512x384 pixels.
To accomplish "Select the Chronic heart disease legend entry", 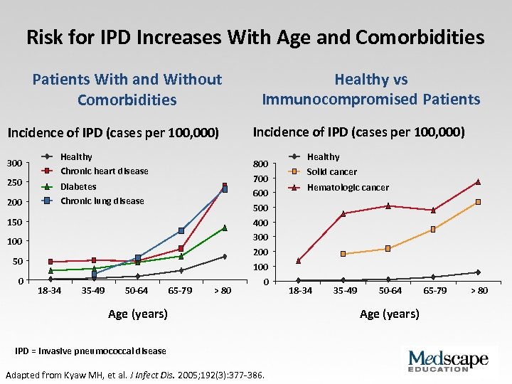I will (104, 171).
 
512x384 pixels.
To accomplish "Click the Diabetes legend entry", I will (78, 187).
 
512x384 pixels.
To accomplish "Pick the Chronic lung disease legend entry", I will (102, 201).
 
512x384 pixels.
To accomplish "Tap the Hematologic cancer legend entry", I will (347, 188).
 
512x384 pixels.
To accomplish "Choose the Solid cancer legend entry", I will (331, 172).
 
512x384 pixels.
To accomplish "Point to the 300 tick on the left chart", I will (14, 164).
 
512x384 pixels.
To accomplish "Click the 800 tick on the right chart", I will (261, 164).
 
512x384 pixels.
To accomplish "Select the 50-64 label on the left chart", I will (137, 290).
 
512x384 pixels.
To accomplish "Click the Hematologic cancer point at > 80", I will (478, 182).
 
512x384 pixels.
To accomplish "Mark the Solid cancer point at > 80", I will (478, 203).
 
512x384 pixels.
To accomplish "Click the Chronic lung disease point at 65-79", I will (181, 230).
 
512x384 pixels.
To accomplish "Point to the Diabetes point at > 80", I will (225, 228).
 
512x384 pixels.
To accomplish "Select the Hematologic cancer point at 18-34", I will (299, 260).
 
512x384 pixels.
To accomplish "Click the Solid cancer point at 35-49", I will (343, 254).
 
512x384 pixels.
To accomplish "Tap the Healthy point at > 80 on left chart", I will (225, 257).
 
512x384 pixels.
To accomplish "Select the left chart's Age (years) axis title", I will (138, 314).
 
